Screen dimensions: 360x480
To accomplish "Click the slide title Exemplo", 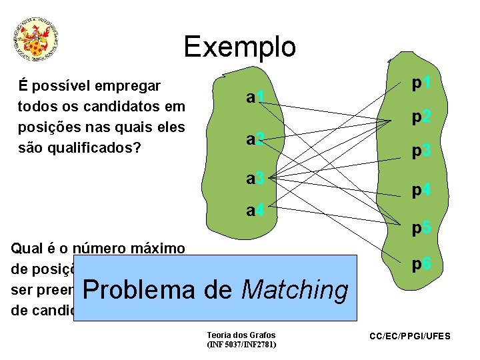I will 239,47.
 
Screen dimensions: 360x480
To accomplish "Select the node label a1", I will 255,98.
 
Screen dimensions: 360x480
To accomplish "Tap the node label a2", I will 255,139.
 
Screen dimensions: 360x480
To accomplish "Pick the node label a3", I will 256,178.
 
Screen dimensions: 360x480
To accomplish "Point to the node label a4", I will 256,211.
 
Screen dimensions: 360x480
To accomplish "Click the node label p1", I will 421,83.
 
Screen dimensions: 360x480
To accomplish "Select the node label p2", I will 421,117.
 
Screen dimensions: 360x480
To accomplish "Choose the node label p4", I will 421,191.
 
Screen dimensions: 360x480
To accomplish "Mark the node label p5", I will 421,229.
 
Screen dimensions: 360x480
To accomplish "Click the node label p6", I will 421,265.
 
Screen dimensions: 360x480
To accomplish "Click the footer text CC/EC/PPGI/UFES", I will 410,336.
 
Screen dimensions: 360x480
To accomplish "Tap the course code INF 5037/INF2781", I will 241,345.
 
